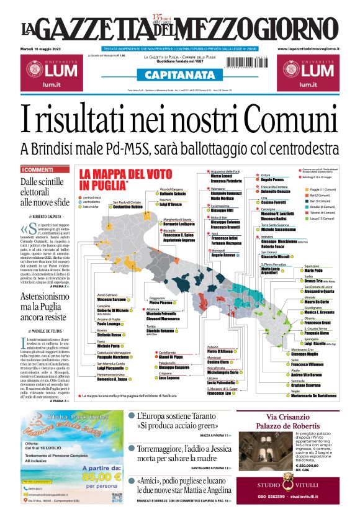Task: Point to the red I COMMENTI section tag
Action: coord(38,169)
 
